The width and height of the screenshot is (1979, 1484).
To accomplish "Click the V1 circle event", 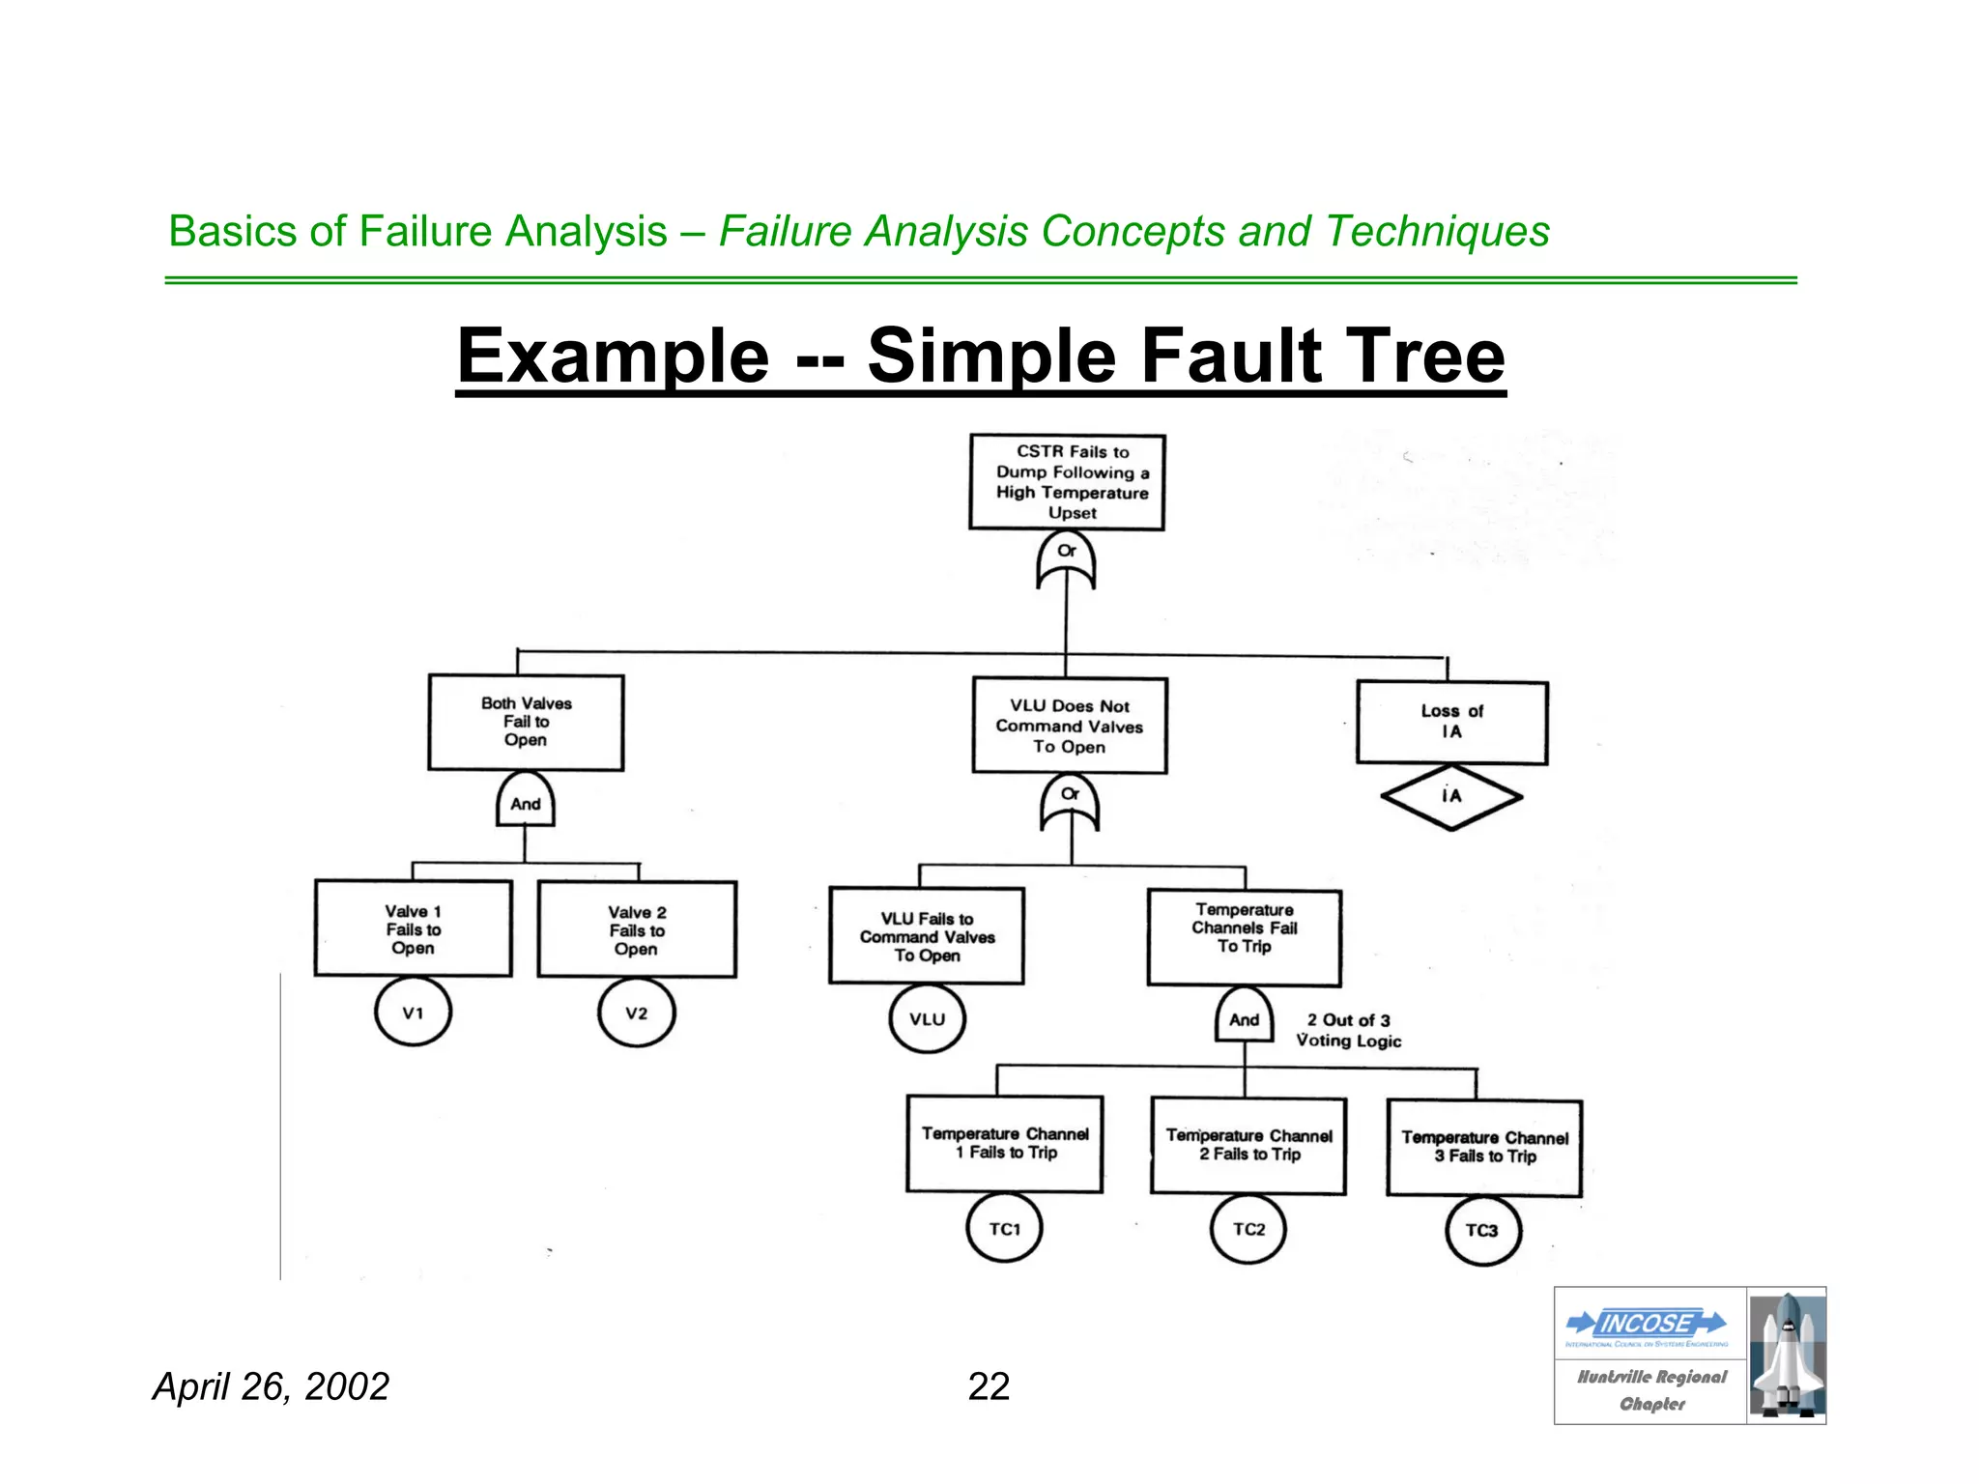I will [x=413, y=1012].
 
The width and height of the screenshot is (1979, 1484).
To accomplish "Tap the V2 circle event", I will [x=636, y=1013].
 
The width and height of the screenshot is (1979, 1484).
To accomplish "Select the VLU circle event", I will [x=927, y=1018].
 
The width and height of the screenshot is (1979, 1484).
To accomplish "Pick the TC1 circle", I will [x=1004, y=1228].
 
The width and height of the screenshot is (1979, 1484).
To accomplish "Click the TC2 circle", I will [x=1248, y=1229].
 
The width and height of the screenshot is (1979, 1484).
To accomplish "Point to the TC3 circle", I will [x=1482, y=1231].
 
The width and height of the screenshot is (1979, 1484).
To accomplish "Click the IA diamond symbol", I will [x=1451, y=797].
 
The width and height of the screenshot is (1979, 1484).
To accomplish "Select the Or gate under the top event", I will [x=1066, y=560].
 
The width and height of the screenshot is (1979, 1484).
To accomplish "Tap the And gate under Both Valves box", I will [x=525, y=801].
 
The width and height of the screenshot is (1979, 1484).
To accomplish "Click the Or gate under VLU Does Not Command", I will [x=1070, y=804].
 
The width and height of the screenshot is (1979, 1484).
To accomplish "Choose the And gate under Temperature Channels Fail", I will [x=1244, y=1016].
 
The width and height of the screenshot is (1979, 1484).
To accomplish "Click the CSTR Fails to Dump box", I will [x=1067, y=482].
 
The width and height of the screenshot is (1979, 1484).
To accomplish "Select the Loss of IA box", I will [x=1451, y=723].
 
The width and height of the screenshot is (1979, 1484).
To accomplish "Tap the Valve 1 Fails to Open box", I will [x=413, y=928].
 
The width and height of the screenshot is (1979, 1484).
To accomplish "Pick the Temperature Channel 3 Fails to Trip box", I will [x=1484, y=1147].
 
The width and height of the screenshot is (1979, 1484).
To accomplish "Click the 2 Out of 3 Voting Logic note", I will [x=1348, y=1030].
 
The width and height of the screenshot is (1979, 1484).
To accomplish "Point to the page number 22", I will [x=989, y=1386].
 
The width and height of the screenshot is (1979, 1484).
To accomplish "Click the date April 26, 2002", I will [x=271, y=1386].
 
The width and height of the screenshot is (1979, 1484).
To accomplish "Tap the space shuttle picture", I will [x=1787, y=1355].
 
